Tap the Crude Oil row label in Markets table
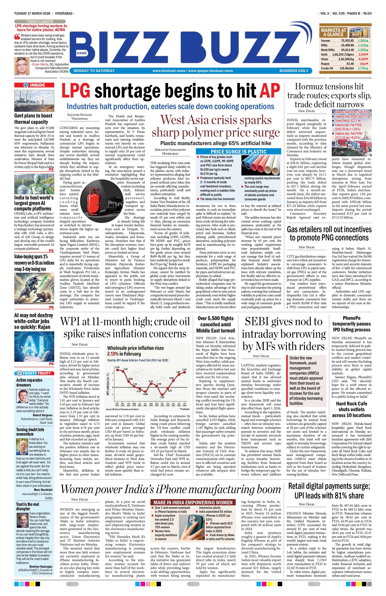coord(327,68)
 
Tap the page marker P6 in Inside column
coord(51,307)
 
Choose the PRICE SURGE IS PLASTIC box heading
coord(238,151)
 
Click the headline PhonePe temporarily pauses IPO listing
coord(351,324)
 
